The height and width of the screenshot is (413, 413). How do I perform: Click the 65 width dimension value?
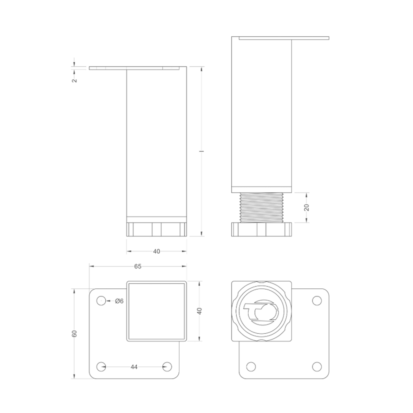click(138, 266)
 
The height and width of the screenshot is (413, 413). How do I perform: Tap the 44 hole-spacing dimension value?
click(134, 367)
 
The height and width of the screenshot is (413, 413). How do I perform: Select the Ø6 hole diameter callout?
click(119, 301)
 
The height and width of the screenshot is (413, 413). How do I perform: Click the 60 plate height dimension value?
click(74, 333)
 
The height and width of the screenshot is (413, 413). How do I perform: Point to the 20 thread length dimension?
click(306, 208)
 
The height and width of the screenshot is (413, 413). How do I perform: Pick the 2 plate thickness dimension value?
click(74, 81)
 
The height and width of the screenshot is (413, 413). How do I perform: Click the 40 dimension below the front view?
click(157, 251)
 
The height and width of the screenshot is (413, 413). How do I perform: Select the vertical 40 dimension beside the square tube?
click(200, 311)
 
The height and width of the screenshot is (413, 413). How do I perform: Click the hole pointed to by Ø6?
click(101, 301)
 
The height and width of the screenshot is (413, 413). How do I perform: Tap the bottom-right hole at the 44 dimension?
click(167, 366)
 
